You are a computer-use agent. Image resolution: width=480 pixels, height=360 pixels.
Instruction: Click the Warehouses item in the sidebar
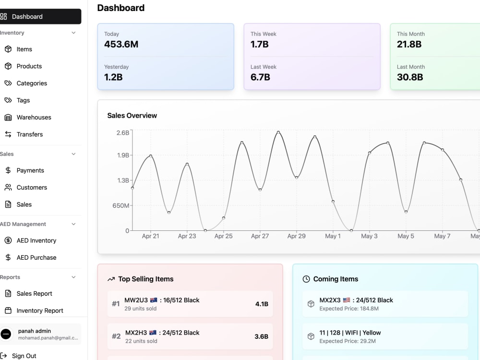click(x=34, y=117)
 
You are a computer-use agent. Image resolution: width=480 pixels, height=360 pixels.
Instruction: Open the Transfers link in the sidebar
click(x=29, y=134)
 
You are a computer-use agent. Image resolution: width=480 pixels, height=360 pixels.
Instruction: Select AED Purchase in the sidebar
click(x=36, y=257)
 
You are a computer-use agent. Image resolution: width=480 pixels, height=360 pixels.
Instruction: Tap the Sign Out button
click(x=24, y=356)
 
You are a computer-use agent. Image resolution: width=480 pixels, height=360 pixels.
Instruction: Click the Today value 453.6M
click(x=121, y=44)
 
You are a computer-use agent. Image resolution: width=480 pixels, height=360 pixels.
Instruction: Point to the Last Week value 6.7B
click(x=260, y=77)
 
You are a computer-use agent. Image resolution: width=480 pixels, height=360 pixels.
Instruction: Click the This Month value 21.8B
click(x=409, y=44)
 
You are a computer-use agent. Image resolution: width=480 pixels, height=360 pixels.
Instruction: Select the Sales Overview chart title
click(x=132, y=115)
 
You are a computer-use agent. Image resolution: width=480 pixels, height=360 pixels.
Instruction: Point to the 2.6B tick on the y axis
click(x=123, y=132)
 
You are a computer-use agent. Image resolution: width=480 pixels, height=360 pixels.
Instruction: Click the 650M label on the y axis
click(x=121, y=205)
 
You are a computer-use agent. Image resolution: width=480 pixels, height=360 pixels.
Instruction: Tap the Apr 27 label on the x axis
click(x=260, y=236)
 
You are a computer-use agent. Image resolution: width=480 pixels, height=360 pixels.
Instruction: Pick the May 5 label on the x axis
click(x=406, y=236)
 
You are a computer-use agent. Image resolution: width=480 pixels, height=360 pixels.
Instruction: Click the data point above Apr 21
click(x=151, y=156)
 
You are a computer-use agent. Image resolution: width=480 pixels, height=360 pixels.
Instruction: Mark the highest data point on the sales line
click(x=278, y=132)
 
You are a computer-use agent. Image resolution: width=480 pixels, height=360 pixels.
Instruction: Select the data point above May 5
click(x=406, y=212)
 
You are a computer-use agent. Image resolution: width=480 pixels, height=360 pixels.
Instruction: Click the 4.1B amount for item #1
click(x=262, y=304)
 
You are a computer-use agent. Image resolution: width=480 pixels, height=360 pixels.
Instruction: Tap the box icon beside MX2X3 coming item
click(x=311, y=304)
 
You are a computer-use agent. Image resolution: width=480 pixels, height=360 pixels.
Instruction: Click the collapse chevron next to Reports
click(x=73, y=277)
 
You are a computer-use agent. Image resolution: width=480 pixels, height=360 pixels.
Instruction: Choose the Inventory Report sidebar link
click(x=40, y=311)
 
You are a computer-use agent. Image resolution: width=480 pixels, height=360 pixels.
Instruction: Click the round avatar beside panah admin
click(x=6, y=334)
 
